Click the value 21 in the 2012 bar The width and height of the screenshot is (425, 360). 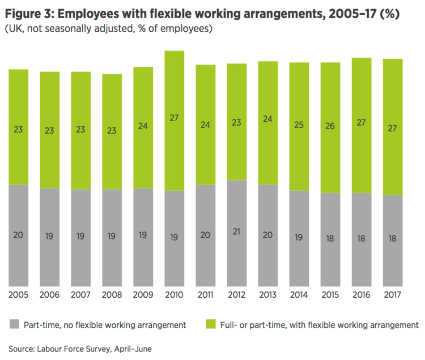coord(237,232)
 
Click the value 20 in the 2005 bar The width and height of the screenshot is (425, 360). coord(18,235)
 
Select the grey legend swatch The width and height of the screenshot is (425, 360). coord(14,324)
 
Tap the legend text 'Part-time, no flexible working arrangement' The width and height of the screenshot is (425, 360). coord(105,325)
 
